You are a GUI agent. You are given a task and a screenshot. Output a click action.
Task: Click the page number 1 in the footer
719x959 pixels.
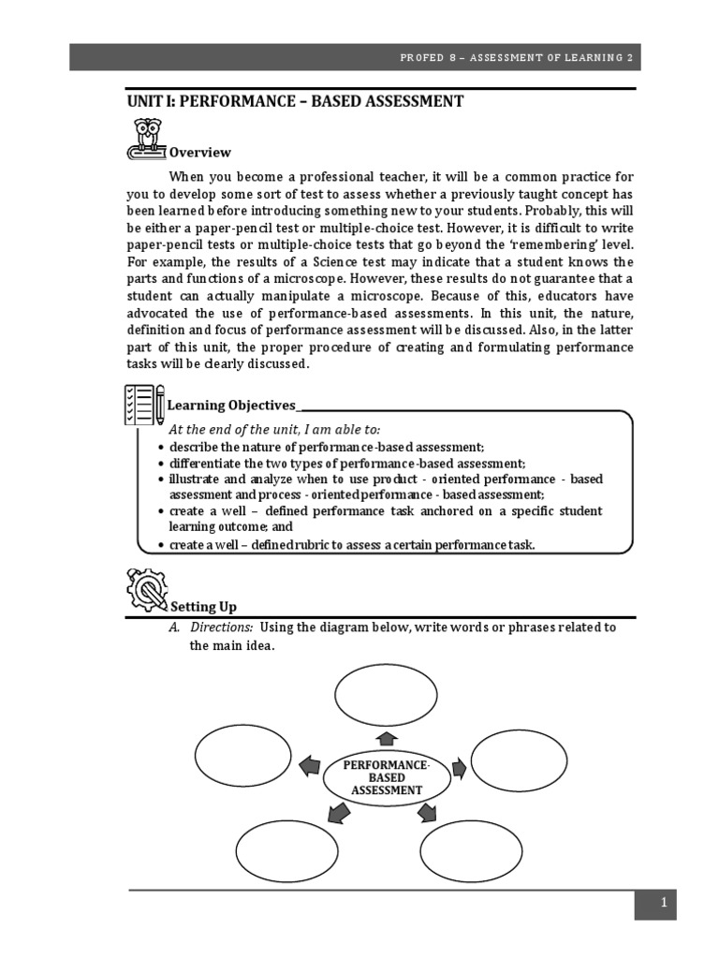coord(663,904)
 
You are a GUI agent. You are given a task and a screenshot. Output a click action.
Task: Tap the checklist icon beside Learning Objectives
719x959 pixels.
coord(142,405)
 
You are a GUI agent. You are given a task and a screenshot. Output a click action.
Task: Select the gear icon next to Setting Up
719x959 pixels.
coord(145,590)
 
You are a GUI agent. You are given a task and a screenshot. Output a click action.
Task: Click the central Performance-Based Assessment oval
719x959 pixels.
coord(387,777)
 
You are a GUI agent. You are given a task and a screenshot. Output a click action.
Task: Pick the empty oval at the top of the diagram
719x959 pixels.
coord(386,694)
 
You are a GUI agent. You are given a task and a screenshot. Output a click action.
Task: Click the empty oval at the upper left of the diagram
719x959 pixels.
coord(243,756)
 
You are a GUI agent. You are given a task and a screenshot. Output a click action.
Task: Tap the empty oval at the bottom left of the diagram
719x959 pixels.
coord(286,850)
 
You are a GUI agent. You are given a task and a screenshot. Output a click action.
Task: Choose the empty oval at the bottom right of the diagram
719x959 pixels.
coord(470,850)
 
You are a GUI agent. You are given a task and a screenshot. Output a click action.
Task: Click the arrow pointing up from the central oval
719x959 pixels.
coord(387,737)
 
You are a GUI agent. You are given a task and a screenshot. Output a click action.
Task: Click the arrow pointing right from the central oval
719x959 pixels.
coord(459,769)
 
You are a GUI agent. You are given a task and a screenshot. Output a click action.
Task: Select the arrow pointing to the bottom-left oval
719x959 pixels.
coord(340,813)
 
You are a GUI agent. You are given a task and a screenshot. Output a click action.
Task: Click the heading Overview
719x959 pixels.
coord(199,153)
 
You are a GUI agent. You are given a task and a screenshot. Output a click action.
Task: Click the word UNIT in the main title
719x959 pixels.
coord(147,101)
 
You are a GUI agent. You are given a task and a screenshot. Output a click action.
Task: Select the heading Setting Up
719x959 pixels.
coord(202,607)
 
